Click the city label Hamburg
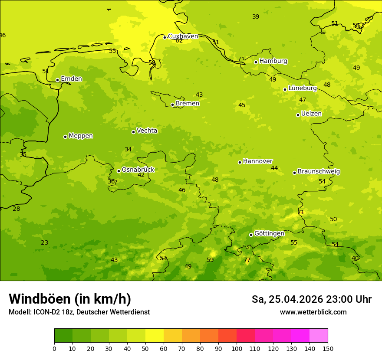(x=273, y=61)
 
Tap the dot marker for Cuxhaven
(x=165, y=37)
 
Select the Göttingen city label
(x=269, y=233)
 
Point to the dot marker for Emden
(x=57, y=80)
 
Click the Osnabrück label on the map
(x=138, y=170)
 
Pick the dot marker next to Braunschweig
(x=294, y=173)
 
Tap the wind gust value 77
(x=247, y=260)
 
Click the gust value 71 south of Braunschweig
(x=301, y=212)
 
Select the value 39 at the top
(x=256, y=16)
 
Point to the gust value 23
(x=45, y=242)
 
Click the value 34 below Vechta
(x=128, y=149)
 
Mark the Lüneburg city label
(x=303, y=88)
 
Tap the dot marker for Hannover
(x=240, y=162)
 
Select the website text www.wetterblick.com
(x=313, y=312)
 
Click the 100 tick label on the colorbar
(x=237, y=348)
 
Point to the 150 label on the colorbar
(x=328, y=348)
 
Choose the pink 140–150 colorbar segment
(x=319, y=336)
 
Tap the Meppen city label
(x=81, y=136)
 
